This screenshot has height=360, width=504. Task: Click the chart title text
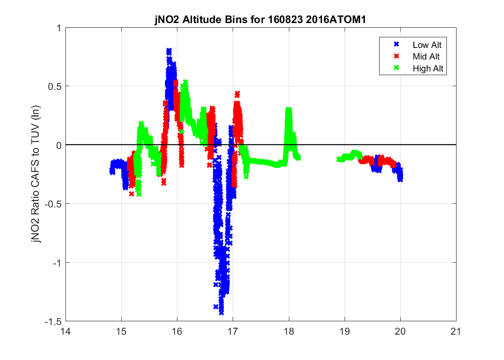pyautogui.click(x=260, y=21)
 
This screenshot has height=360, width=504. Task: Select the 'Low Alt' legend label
pyautogui.click(x=424, y=45)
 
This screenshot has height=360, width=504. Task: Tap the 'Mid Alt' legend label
pyautogui.click(x=423, y=57)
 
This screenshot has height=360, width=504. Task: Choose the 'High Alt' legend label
pyautogui.click(x=425, y=68)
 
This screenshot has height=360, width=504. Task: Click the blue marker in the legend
pyautogui.click(x=396, y=45)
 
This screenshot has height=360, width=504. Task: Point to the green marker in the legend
pyautogui.click(x=396, y=68)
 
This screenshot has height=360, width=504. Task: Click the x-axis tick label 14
pyautogui.click(x=65, y=331)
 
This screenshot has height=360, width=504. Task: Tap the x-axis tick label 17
pyautogui.click(x=233, y=331)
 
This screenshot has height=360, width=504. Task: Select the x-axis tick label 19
pyautogui.click(x=344, y=331)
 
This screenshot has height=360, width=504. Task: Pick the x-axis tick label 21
pyautogui.click(x=456, y=331)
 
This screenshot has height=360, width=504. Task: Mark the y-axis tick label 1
pyautogui.click(x=59, y=28)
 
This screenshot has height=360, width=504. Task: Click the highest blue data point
pyautogui.click(x=169, y=51)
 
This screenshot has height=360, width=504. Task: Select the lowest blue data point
pyautogui.click(x=222, y=312)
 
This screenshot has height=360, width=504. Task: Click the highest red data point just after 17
pyautogui.click(x=237, y=94)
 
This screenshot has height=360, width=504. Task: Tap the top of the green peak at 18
pyautogui.click(x=288, y=110)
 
